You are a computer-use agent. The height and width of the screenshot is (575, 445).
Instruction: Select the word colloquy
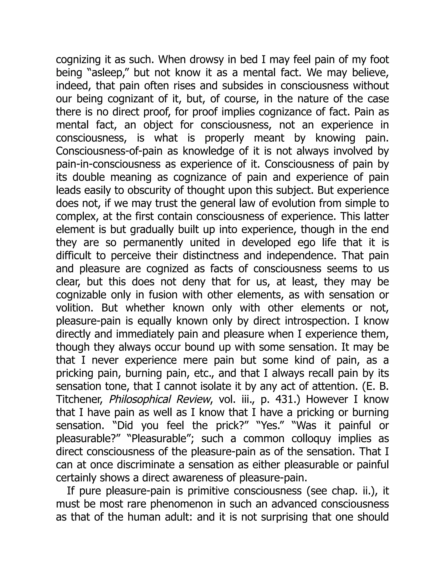[314, 439]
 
